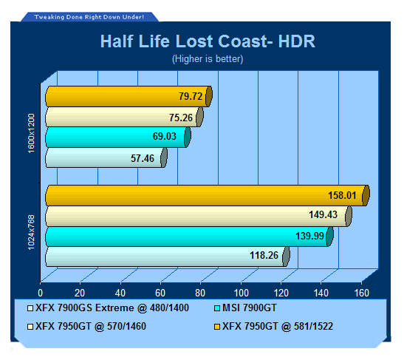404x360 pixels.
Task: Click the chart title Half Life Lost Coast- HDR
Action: click(x=208, y=41)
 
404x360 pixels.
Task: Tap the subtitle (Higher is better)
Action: click(x=208, y=59)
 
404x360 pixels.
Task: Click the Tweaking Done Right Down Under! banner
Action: click(x=89, y=17)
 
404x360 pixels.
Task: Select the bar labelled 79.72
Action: click(x=129, y=96)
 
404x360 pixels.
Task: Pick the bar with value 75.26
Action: click(x=124, y=118)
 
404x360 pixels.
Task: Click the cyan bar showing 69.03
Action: click(x=118, y=137)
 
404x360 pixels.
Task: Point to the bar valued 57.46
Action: click(x=106, y=157)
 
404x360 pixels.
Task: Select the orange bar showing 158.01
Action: click(x=208, y=195)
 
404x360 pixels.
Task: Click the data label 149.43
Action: click(x=323, y=214)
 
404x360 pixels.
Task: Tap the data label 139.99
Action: click(x=309, y=236)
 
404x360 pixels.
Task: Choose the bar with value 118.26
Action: click(x=168, y=257)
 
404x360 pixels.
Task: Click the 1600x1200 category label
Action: click(x=31, y=133)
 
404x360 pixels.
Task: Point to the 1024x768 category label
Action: click(x=31, y=232)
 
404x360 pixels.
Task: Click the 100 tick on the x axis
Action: click(x=242, y=293)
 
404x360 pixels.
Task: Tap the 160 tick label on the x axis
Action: click(x=362, y=293)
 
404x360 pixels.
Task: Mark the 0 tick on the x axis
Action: click(x=40, y=293)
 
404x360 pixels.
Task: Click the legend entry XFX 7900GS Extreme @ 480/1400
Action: click(x=109, y=308)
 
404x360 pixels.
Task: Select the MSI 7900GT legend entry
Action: click(x=245, y=308)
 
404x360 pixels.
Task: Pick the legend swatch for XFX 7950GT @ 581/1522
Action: click(x=217, y=327)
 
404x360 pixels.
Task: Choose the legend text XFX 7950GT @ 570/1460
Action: click(x=91, y=327)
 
